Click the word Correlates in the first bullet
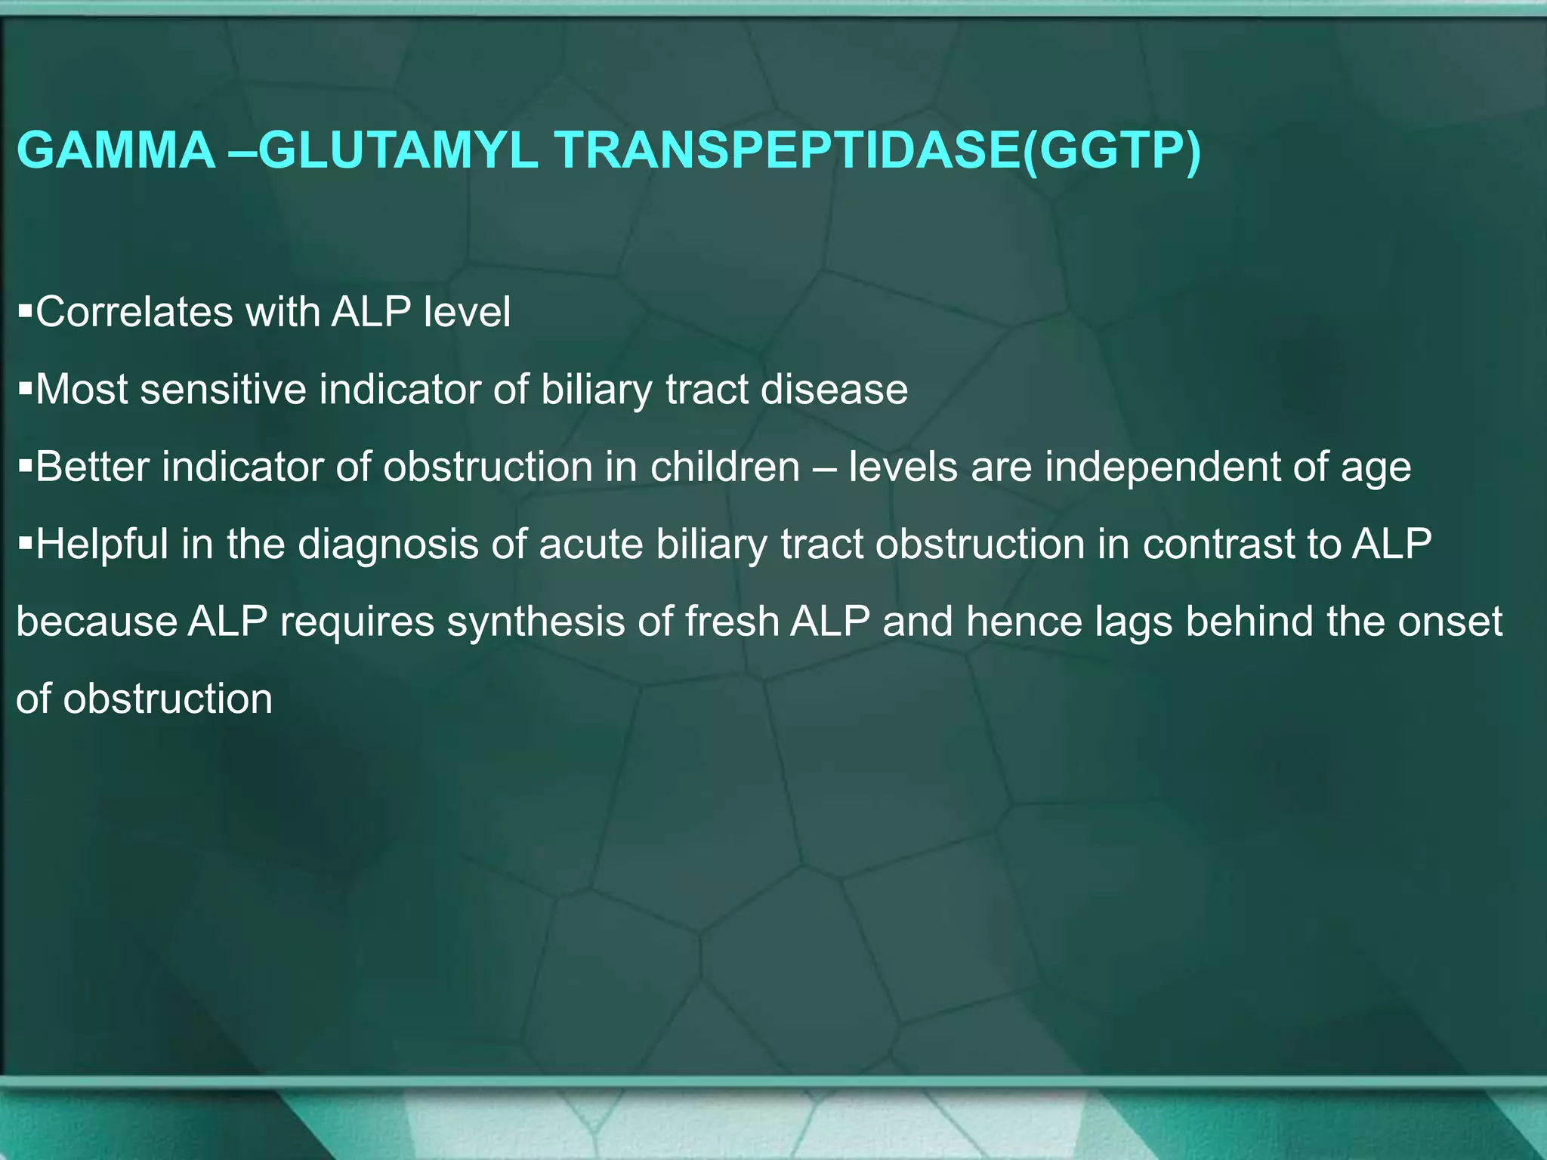click(x=134, y=312)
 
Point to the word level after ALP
click(x=467, y=312)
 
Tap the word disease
click(x=834, y=390)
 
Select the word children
click(x=724, y=467)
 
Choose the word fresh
click(x=733, y=622)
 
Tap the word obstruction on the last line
click(x=168, y=699)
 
